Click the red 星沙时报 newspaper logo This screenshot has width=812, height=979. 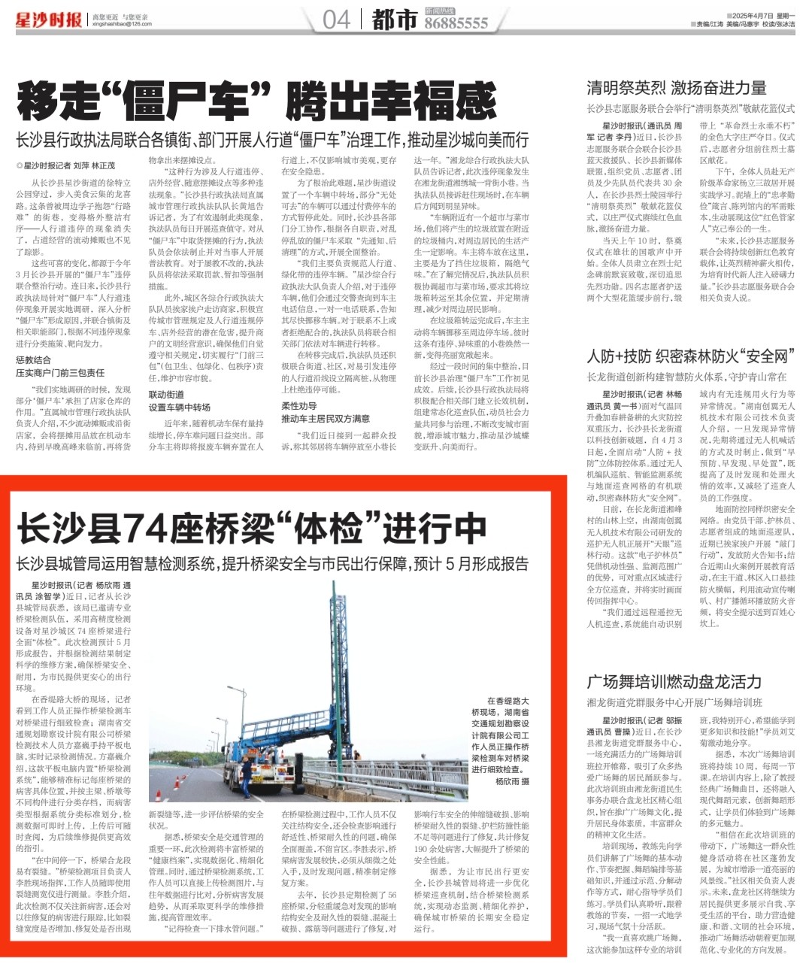coord(48,20)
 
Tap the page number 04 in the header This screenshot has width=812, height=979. coord(336,20)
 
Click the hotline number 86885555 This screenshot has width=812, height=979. coord(456,24)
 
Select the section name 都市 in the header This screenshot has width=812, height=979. coord(394,20)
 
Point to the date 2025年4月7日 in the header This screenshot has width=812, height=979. coord(750,16)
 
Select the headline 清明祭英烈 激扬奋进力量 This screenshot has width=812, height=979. coord(676,88)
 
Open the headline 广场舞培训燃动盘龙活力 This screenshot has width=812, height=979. coord(674,682)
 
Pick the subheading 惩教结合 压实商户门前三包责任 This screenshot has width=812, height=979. coord(60,366)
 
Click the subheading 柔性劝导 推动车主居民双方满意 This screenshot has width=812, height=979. coord(325,412)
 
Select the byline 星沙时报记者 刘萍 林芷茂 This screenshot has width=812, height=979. coord(68,165)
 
